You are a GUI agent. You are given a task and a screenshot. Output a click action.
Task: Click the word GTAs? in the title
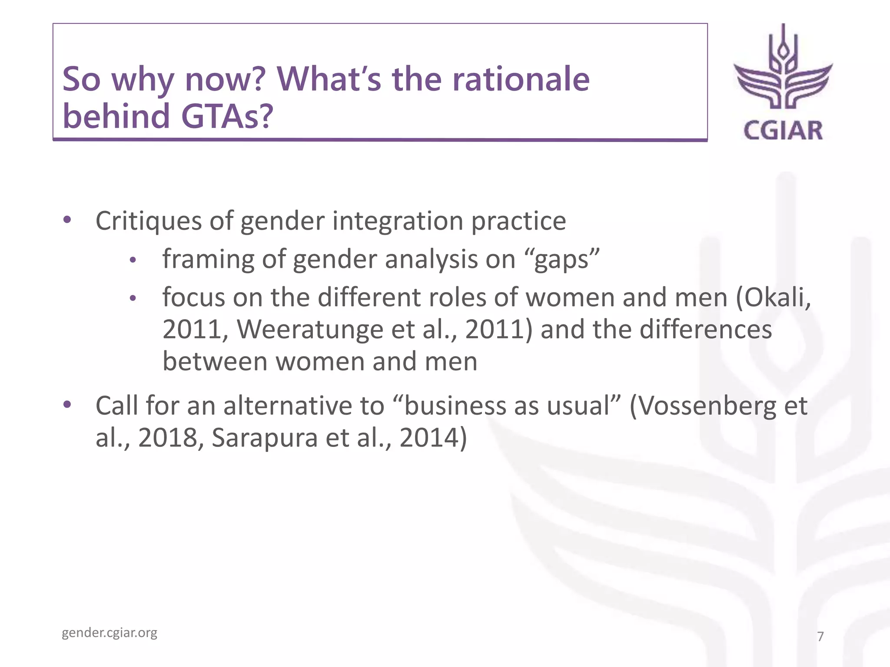coord(226,116)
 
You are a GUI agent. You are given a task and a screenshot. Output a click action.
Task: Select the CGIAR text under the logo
coord(783,131)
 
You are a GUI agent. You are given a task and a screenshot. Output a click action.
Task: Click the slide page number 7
coord(820,636)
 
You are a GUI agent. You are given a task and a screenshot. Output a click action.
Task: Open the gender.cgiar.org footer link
coord(110,633)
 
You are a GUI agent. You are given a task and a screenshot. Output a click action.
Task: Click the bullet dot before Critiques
coord(67,219)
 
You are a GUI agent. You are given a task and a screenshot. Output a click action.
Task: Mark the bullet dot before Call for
coord(67,404)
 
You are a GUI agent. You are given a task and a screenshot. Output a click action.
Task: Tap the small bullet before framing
coord(133,261)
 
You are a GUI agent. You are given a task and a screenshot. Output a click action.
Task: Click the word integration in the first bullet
coord(398,221)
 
